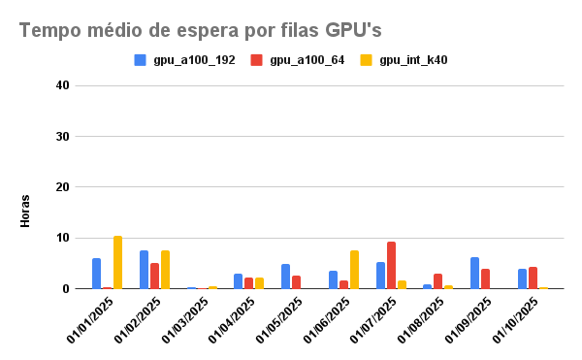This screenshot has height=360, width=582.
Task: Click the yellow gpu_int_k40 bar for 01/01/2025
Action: click(117, 262)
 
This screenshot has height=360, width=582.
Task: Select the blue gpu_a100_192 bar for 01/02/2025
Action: click(144, 270)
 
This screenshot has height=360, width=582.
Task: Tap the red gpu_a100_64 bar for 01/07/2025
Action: click(391, 265)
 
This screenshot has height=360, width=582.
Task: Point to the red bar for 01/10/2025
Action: click(533, 278)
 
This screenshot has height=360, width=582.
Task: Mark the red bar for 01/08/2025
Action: click(438, 281)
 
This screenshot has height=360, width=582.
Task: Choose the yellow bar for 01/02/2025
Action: click(165, 270)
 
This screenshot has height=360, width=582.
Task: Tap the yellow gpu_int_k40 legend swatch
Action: click(367, 60)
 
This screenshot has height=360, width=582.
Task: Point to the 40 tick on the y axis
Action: click(63, 85)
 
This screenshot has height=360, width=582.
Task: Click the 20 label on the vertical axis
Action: click(63, 187)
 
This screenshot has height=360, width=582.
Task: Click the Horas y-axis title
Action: click(25, 211)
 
